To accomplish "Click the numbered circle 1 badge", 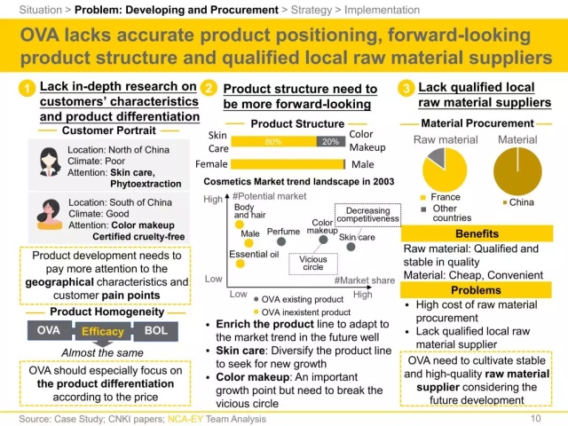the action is click(x=27, y=89).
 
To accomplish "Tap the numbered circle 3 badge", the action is click(x=406, y=89).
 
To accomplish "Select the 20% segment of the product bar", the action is click(x=329, y=141).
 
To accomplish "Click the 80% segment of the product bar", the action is click(x=273, y=141).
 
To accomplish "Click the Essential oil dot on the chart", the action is click(x=236, y=268).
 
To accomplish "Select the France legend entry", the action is click(x=444, y=198).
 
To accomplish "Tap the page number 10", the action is click(x=535, y=417).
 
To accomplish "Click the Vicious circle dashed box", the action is click(x=313, y=263).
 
